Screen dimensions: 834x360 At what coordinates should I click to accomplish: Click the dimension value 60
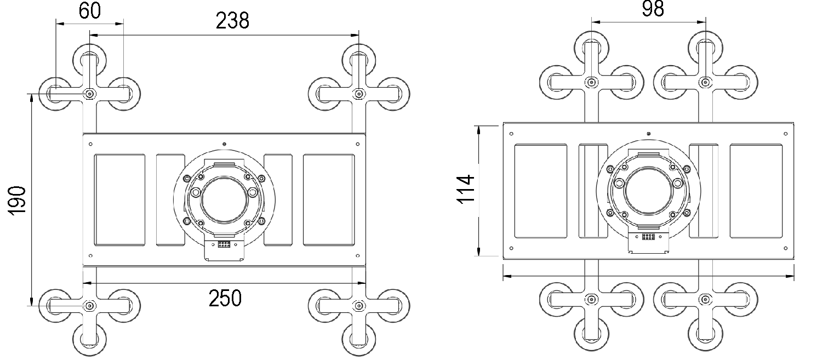pyautogui.click(x=90, y=11)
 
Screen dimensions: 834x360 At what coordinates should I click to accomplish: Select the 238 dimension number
pyautogui.click(x=232, y=20)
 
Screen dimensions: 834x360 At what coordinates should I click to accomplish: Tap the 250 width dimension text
pyautogui.click(x=225, y=298)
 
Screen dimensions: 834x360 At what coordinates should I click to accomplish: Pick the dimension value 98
pyautogui.click(x=653, y=9)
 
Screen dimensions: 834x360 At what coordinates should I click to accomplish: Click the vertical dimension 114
pyautogui.click(x=466, y=189)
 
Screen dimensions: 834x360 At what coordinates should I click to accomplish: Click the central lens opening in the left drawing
pyautogui.click(x=225, y=199)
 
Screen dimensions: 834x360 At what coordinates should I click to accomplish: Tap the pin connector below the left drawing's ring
pyautogui.click(x=224, y=244)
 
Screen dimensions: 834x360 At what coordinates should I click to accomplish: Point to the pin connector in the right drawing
pyautogui.click(x=648, y=237)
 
